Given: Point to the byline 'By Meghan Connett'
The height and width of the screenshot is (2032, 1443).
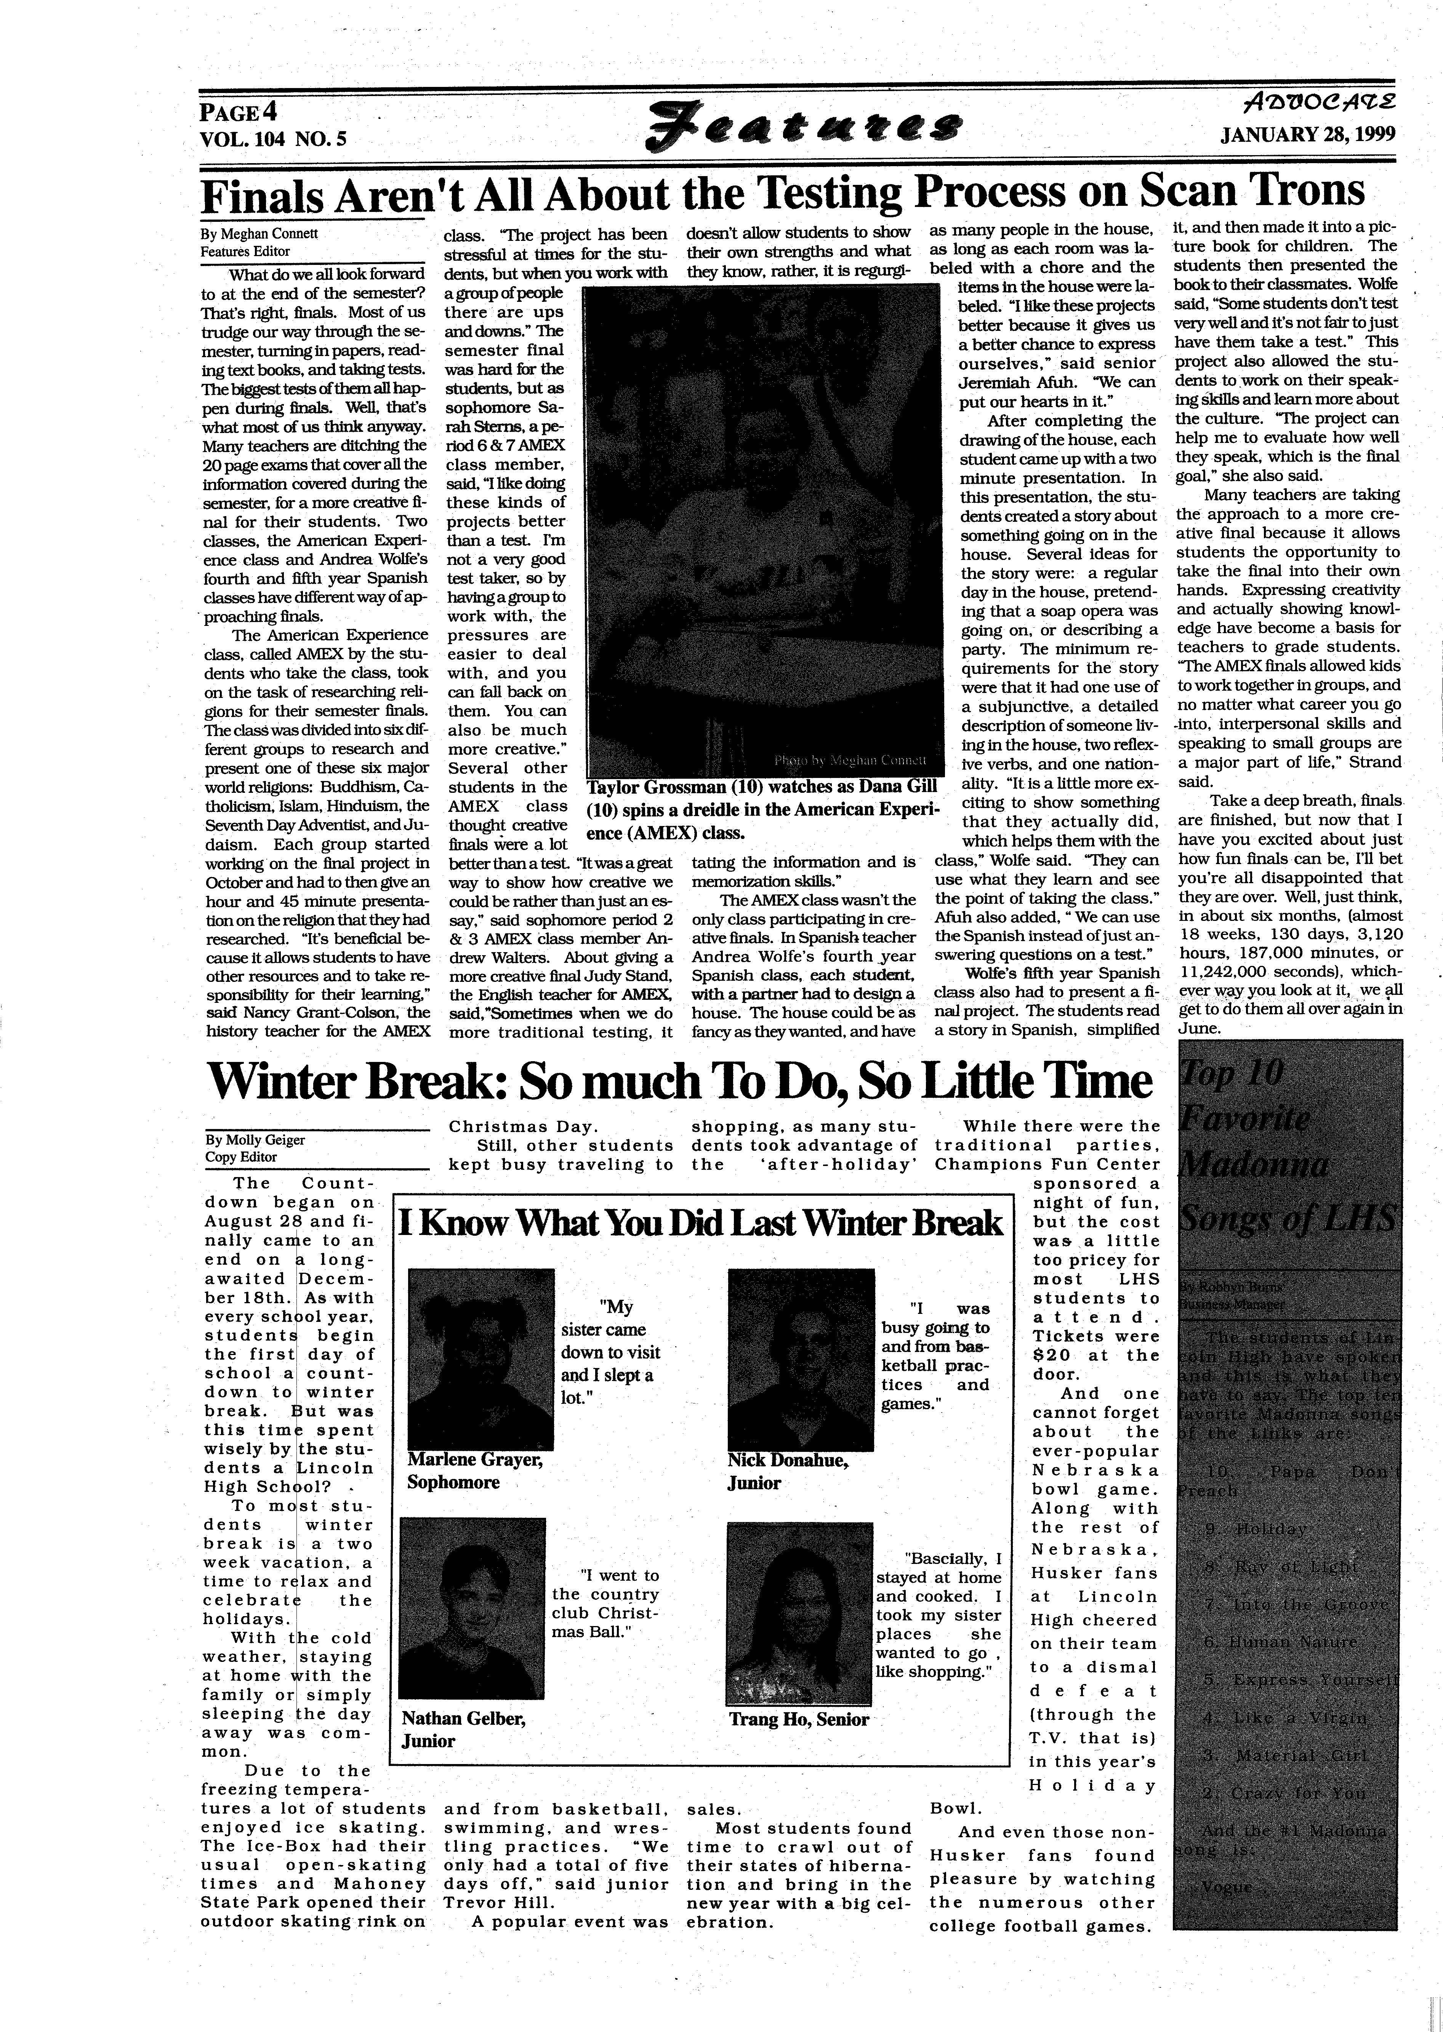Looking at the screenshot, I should [259, 234].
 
